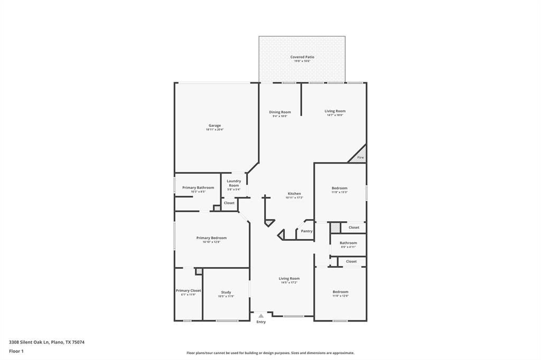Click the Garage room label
pyautogui.click(x=214, y=126)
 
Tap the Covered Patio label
pyautogui.click(x=302, y=57)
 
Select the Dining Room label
pyautogui.click(x=280, y=112)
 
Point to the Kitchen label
pyautogui.click(x=294, y=193)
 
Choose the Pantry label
pyautogui.click(x=306, y=231)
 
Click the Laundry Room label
pyautogui.click(x=234, y=183)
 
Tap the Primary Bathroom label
pyautogui.click(x=198, y=187)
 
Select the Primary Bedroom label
pyautogui.click(x=211, y=238)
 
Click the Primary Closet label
pyautogui.click(x=188, y=290)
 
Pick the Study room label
pyautogui.click(x=226, y=292)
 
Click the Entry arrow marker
pyautogui.click(x=261, y=316)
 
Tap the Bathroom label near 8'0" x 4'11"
pyautogui.click(x=348, y=243)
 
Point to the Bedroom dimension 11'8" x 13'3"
pyautogui.click(x=340, y=193)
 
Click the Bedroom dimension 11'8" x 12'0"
pyautogui.click(x=340, y=296)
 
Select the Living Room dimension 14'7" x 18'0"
pyautogui.click(x=335, y=115)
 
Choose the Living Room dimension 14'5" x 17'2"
pyautogui.click(x=289, y=282)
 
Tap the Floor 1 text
pyautogui.click(x=16, y=351)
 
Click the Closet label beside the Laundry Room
pyautogui.click(x=229, y=203)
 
